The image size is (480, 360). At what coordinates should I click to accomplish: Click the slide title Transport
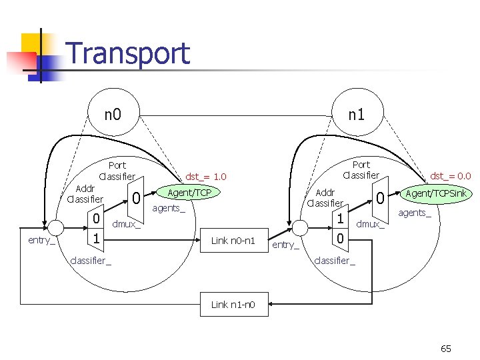(128, 53)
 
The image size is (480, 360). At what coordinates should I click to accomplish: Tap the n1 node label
(357, 114)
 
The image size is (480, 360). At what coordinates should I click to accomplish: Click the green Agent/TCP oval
(189, 193)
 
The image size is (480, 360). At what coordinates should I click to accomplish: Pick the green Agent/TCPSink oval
(436, 193)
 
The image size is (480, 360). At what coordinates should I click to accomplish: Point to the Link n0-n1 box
(233, 240)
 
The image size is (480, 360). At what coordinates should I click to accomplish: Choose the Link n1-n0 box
(233, 305)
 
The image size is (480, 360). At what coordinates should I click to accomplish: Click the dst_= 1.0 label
(206, 177)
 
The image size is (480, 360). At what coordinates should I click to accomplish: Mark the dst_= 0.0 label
(451, 176)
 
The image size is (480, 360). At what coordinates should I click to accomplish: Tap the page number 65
(446, 349)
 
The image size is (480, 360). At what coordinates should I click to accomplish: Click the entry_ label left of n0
(41, 240)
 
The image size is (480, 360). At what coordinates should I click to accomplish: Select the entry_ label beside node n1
(286, 245)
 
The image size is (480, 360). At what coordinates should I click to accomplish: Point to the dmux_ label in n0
(127, 224)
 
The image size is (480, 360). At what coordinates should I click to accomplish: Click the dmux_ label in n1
(371, 224)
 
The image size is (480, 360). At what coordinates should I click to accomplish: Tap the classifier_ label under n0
(91, 260)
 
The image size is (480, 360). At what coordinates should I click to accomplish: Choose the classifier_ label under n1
(335, 260)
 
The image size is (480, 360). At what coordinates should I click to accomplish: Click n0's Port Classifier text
(117, 171)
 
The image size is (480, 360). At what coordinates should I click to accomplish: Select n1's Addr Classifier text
(325, 197)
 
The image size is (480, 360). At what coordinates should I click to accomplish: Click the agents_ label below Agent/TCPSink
(415, 213)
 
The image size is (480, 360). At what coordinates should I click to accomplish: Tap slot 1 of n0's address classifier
(97, 238)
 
